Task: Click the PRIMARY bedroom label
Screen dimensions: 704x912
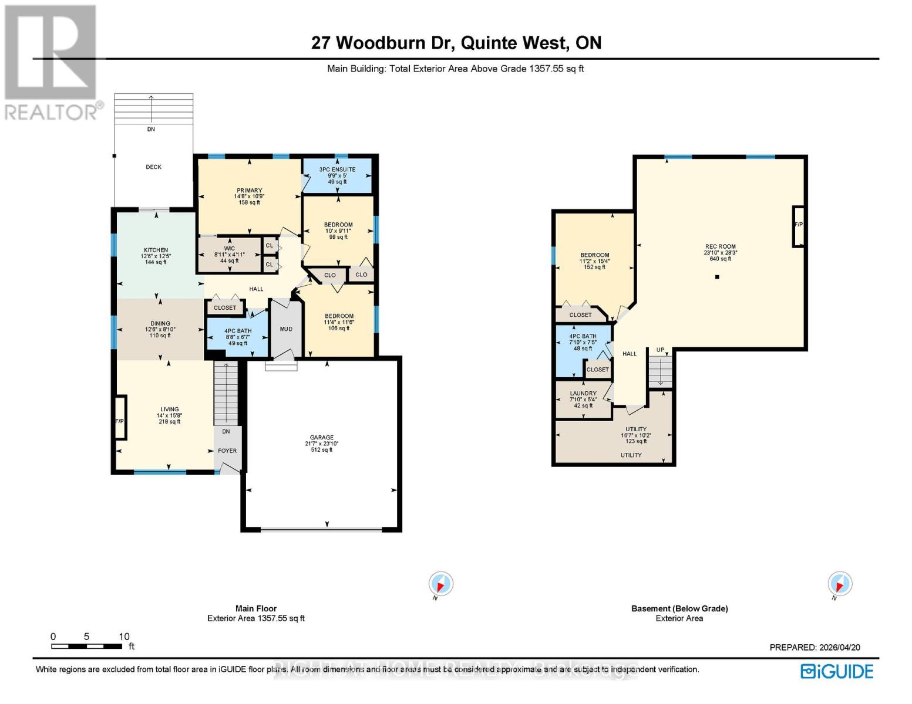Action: (x=249, y=191)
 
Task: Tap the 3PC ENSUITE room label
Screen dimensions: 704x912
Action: (x=337, y=170)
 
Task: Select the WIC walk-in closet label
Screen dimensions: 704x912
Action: (x=229, y=249)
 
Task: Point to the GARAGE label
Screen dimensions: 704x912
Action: (x=322, y=438)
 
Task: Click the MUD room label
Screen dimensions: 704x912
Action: (x=286, y=329)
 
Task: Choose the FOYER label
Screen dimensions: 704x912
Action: (x=227, y=451)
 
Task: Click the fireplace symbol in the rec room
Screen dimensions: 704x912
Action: (x=798, y=226)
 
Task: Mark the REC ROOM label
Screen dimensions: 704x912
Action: (x=720, y=247)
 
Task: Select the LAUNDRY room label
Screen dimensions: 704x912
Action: (x=583, y=394)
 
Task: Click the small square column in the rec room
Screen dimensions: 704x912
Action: (x=716, y=277)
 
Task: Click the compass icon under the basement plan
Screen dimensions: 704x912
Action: (x=839, y=584)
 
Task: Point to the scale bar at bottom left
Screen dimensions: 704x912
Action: (x=86, y=646)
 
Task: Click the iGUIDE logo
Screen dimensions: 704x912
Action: (x=837, y=671)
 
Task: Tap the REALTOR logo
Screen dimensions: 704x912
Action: (x=51, y=62)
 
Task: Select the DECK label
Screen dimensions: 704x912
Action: (x=153, y=167)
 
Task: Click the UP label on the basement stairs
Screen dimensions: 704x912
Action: (x=660, y=350)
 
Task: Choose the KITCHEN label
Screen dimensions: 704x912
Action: (x=156, y=251)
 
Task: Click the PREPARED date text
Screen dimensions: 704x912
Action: (x=815, y=647)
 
